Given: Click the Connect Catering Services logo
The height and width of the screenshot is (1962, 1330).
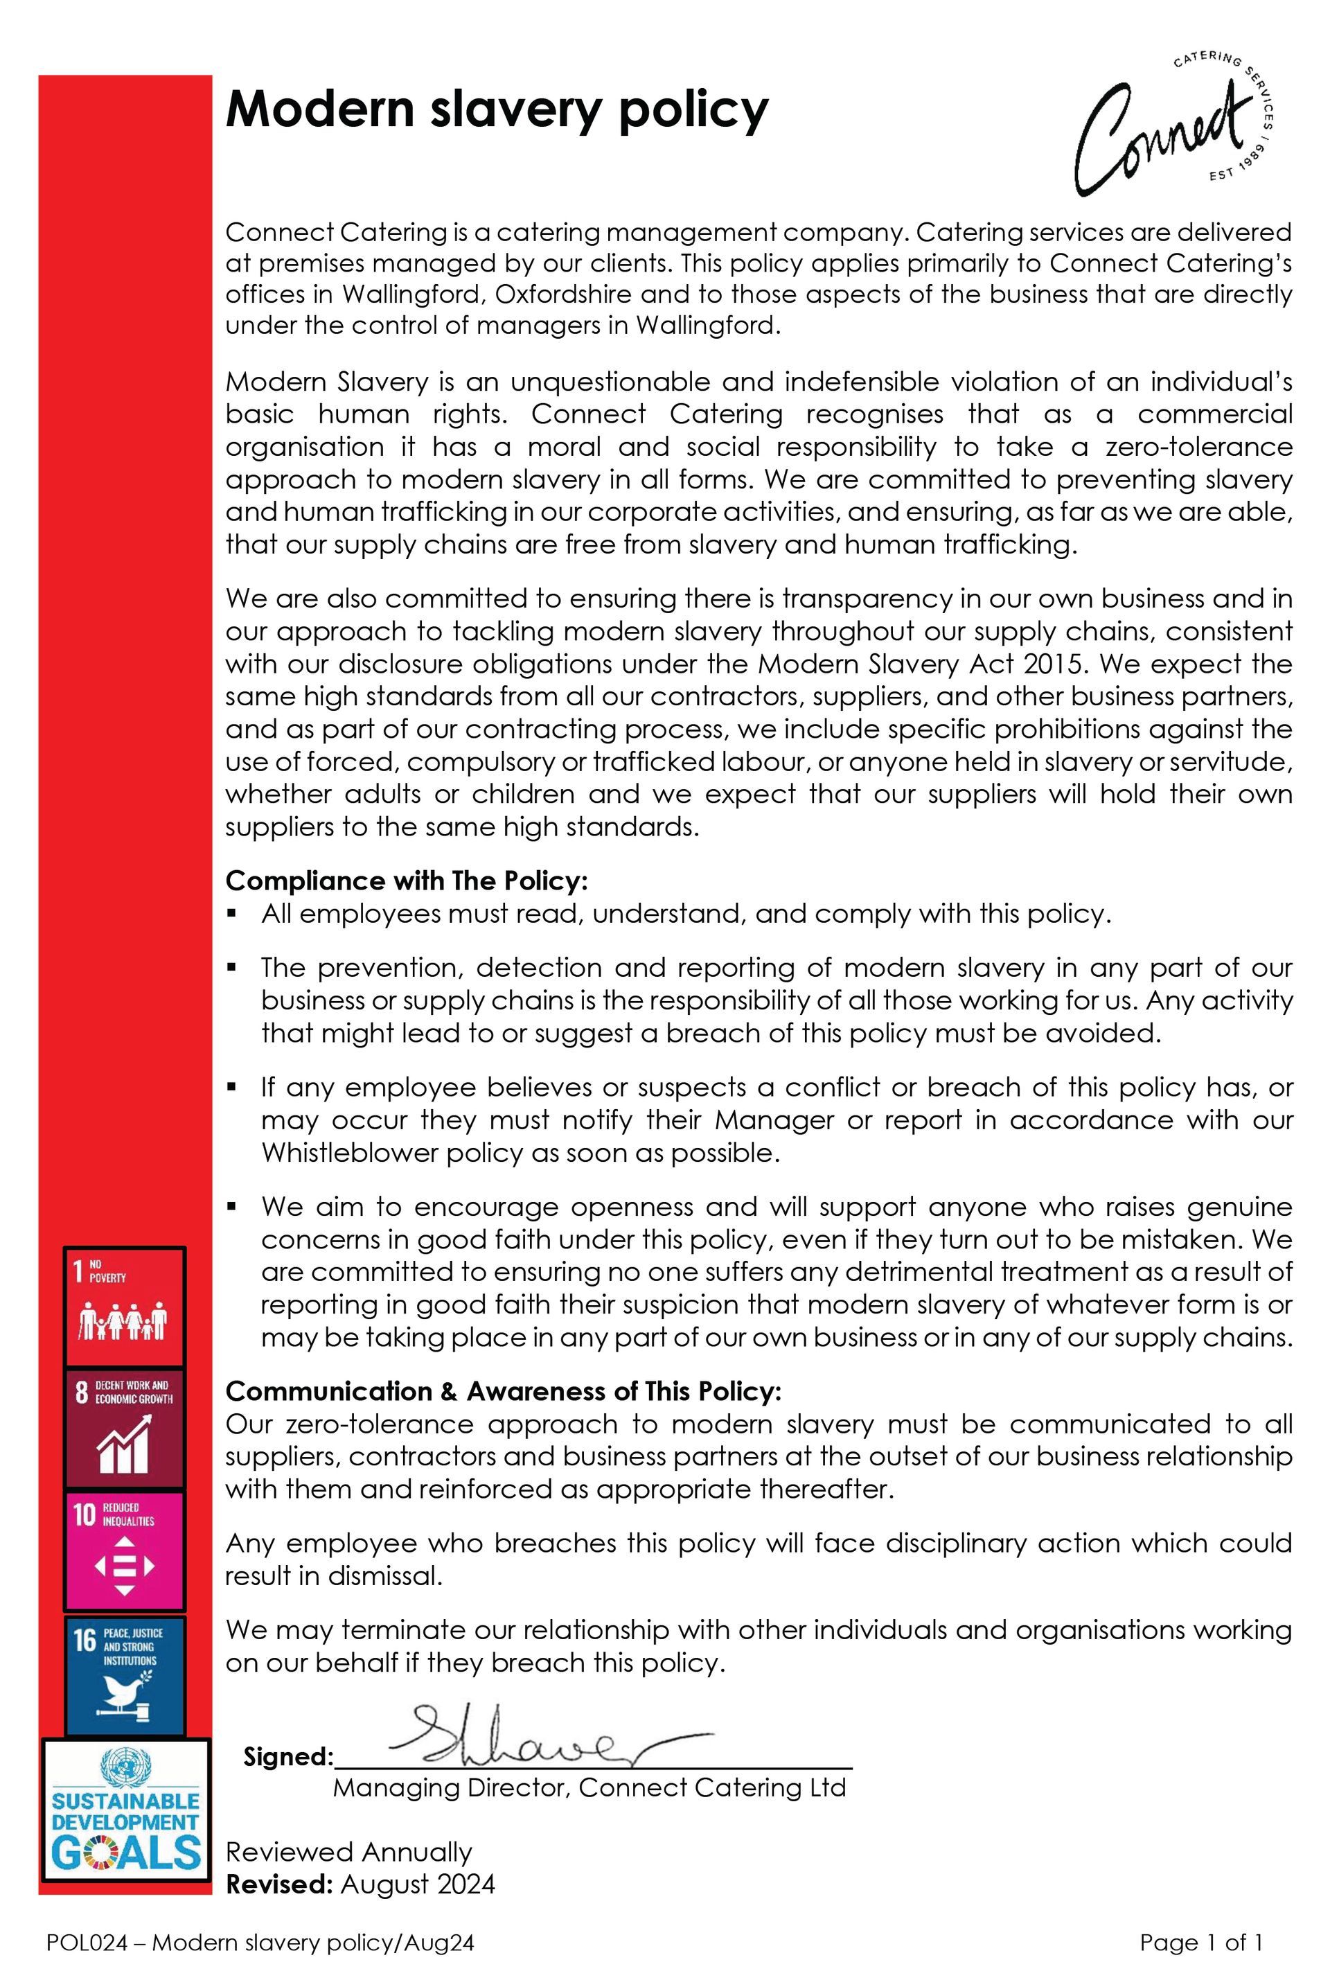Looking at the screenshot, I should pos(1173,123).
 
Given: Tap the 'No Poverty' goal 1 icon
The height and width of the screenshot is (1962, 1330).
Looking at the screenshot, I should pos(125,1305).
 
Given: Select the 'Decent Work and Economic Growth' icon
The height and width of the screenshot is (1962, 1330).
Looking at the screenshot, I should pos(125,1429).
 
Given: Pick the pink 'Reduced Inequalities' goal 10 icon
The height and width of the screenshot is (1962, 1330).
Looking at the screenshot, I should pos(125,1551).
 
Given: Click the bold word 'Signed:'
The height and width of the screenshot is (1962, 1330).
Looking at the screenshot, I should pos(287,1757).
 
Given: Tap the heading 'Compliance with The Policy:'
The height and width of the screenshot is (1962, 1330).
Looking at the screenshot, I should pos(406,881).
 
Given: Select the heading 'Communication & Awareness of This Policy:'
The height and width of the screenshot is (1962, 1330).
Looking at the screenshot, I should pos(503,1390).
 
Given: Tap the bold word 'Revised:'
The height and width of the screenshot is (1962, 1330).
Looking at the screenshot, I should pos(278,1884).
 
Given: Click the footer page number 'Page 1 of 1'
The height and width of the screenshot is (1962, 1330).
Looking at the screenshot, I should pos(1201,1942).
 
